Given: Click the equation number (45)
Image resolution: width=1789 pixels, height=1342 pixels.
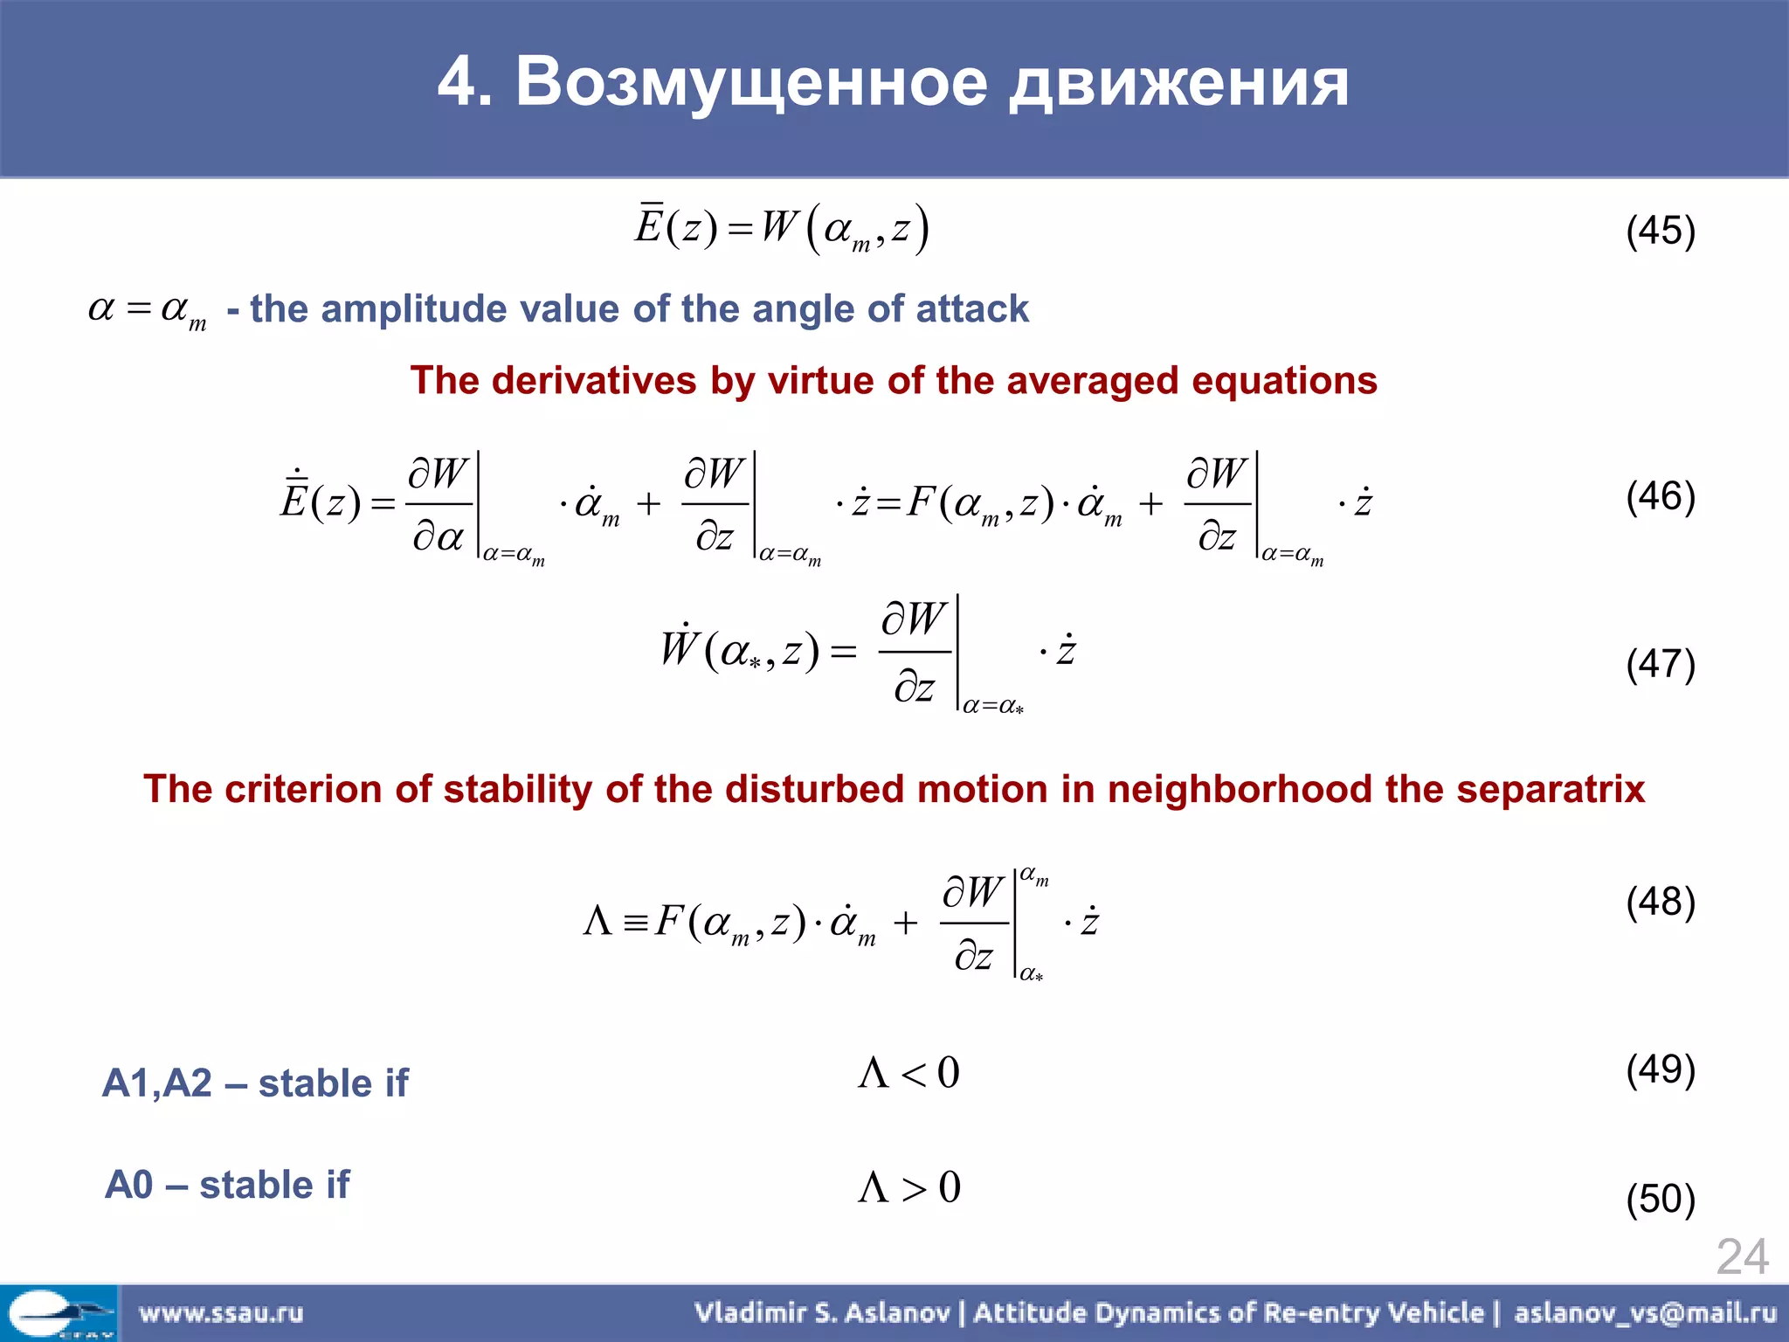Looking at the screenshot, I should click(1660, 232).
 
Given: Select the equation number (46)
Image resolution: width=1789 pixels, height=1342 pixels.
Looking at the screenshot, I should click(1660, 496).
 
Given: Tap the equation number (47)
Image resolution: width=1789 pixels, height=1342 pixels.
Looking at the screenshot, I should click(1660, 664).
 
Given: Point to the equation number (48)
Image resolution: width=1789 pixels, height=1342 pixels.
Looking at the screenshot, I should click(1660, 902).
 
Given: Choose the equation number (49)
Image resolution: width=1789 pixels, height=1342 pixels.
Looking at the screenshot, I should click(1660, 1069).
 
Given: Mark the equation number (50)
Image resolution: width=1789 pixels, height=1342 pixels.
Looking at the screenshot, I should click(1660, 1199).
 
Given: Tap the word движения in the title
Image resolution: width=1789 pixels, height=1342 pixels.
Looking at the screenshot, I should click(1179, 82).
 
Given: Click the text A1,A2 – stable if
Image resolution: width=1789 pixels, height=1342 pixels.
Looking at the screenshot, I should click(255, 1083).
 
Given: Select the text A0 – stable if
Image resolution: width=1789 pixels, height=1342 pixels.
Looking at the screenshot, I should click(227, 1186).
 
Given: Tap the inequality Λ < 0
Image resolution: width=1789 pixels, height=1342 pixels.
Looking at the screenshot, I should click(908, 1073).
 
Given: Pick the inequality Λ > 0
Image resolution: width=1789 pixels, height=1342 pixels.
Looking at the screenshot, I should click(908, 1187).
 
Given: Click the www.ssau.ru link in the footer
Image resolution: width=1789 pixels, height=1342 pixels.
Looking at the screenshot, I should click(220, 1312).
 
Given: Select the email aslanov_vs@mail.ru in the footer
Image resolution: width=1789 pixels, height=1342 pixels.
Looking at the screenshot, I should click(1645, 1312).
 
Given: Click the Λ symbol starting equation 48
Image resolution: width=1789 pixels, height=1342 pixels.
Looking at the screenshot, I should click(597, 921).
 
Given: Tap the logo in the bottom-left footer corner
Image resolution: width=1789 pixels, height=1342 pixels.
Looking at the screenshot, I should click(58, 1312).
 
